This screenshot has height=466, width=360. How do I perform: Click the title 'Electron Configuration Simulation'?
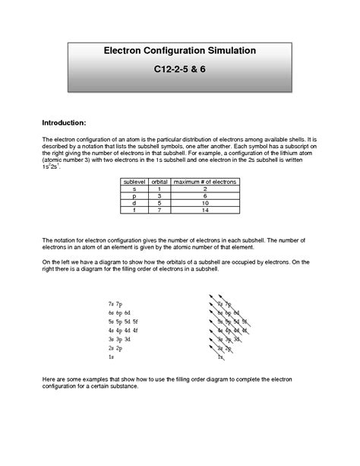(x=179, y=50)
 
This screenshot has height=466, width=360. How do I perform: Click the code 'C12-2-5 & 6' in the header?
(x=180, y=69)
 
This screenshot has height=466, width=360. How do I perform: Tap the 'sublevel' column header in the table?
(x=134, y=182)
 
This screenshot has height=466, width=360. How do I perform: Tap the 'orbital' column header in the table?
(x=159, y=182)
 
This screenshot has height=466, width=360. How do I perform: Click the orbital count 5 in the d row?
(x=159, y=204)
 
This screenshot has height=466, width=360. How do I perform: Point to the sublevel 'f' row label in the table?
(x=134, y=211)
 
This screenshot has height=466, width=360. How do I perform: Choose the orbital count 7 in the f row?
(x=159, y=211)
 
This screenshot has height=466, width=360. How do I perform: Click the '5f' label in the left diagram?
(x=136, y=322)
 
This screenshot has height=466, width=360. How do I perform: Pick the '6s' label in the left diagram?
(x=112, y=313)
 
